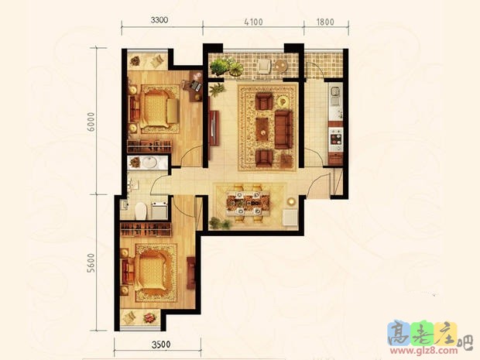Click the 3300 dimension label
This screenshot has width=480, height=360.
pos(157,20)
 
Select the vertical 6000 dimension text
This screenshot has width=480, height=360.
pos(91,122)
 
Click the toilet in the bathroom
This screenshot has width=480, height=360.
pos(141,210)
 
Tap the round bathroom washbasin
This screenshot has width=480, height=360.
pos(148,163)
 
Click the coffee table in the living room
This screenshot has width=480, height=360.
pos(264,126)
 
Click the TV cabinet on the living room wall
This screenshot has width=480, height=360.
pos(212,126)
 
